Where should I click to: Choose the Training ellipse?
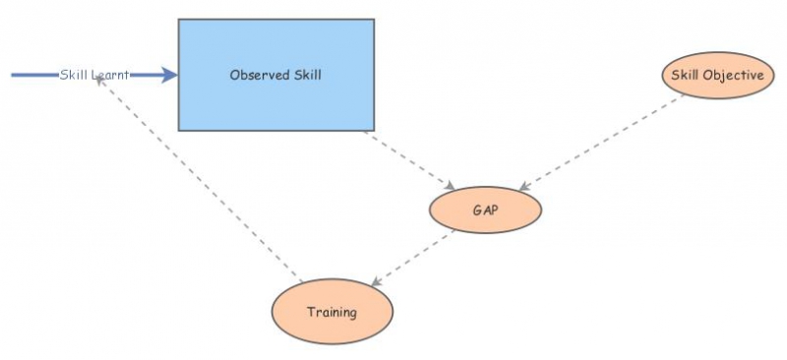(x=332, y=312)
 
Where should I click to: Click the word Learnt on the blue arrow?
(x=110, y=75)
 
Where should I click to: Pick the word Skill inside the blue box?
(x=305, y=75)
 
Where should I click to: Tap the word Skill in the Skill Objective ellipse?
(x=685, y=75)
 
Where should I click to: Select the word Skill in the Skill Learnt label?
(x=74, y=75)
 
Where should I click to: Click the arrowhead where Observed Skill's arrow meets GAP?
(x=449, y=187)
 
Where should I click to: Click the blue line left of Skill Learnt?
(x=34, y=75)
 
